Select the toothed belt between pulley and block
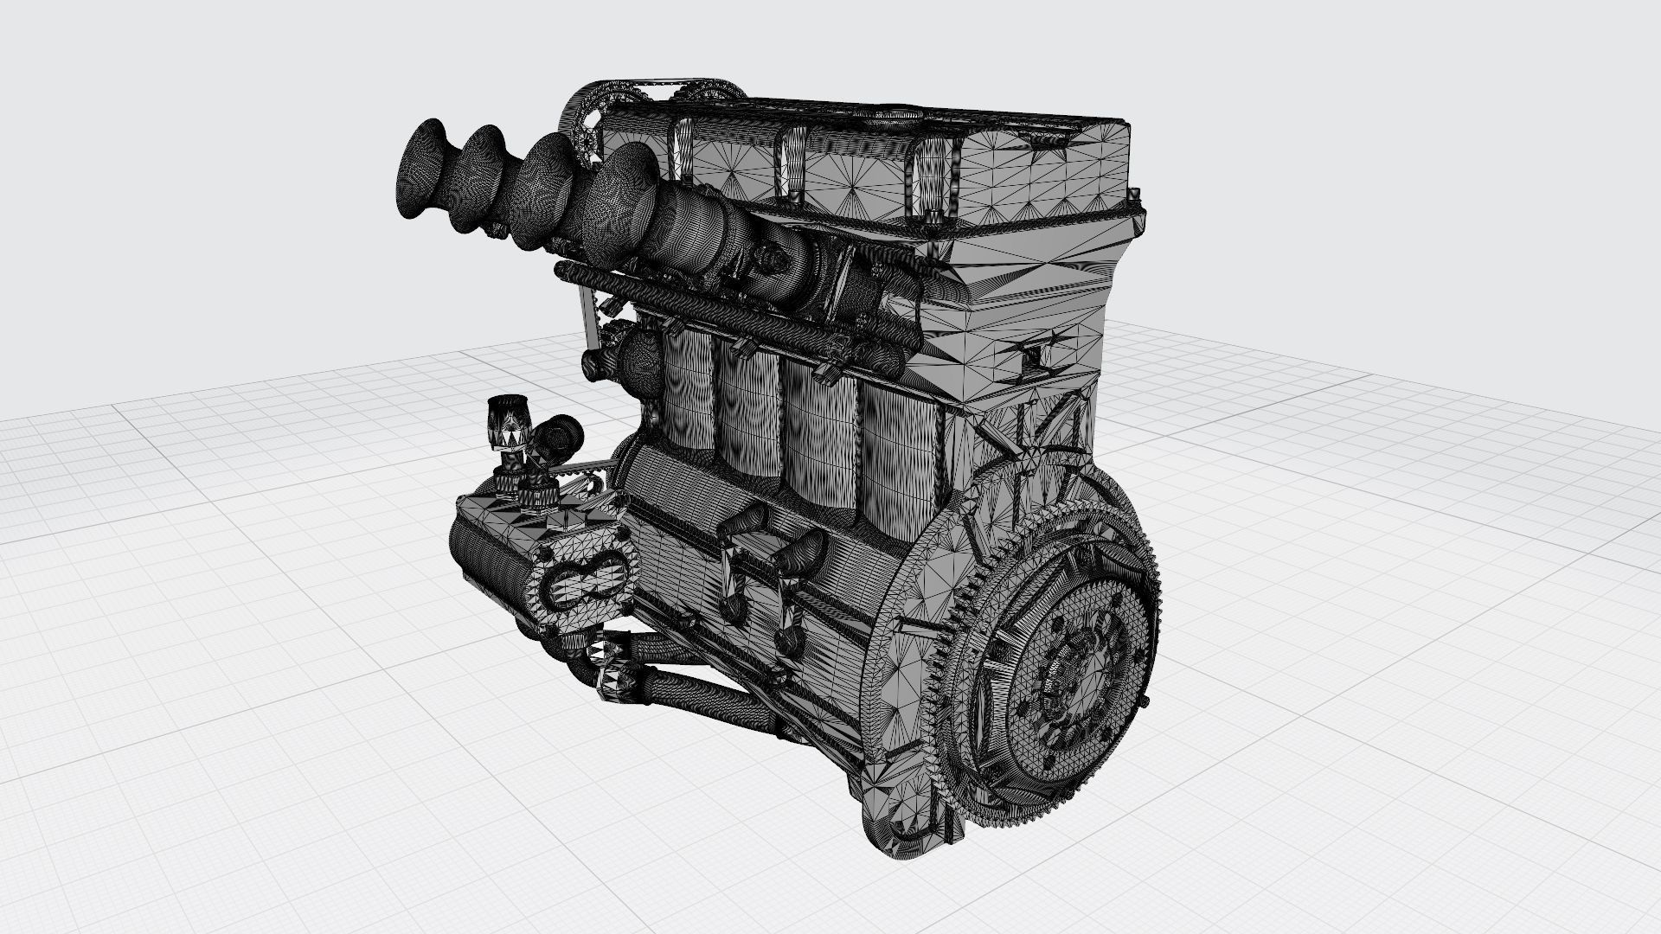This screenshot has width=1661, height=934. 597,467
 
